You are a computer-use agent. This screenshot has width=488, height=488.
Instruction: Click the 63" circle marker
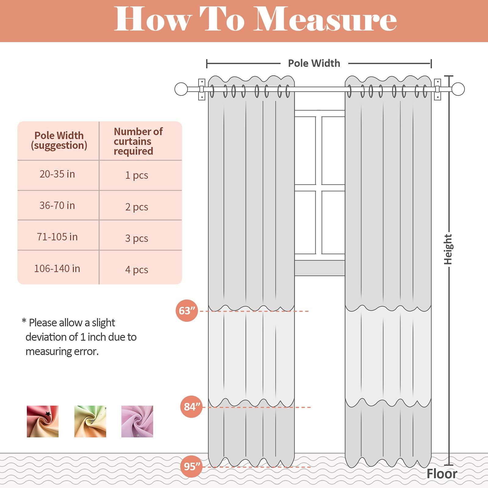pyautogui.click(x=187, y=311)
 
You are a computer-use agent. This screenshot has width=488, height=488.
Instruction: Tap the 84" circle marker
pyautogui.click(x=192, y=407)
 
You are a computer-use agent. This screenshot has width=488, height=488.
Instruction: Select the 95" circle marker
pyautogui.click(x=192, y=466)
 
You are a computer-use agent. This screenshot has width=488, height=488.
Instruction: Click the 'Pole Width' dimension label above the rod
pyautogui.click(x=314, y=63)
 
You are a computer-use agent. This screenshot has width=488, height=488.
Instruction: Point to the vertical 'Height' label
pyautogui.click(x=448, y=249)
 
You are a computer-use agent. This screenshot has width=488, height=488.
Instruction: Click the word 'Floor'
pyautogui.click(x=442, y=474)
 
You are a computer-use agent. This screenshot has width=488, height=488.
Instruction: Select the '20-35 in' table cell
pyautogui.click(x=57, y=174)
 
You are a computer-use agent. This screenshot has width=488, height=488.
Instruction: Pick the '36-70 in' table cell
pyautogui.click(x=57, y=206)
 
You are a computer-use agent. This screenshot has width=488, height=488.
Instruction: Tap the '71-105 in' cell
pyautogui.click(x=57, y=237)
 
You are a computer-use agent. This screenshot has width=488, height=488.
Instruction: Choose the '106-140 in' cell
pyautogui.click(x=57, y=269)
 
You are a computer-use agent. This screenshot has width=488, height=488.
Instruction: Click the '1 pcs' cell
pyautogui.click(x=137, y=175)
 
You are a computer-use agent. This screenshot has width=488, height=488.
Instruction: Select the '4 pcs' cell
pyautogui.click(x=137, y=270)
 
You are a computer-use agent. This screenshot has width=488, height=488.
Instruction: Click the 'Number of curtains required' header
pyautogui.click(x=138, y=141)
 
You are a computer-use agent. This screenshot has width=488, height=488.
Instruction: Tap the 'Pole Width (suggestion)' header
pyautogui.click(x=59, y=140)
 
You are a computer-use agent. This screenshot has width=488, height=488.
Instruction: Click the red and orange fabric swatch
pyautogui.click(x=43, y=421)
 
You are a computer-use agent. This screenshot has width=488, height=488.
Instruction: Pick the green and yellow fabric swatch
pyautogui.click(x=90, y=421)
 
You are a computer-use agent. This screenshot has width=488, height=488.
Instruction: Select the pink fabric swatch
pyautogui.click(x=137, y=421)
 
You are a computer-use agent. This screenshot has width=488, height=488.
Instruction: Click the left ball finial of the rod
pyautogui.click(x=181, y=89)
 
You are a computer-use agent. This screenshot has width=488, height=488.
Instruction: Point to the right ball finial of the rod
pyautogui.click(x=458, y=89)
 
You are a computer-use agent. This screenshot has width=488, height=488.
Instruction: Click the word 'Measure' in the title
pyautogui.click(x=325, y=20)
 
